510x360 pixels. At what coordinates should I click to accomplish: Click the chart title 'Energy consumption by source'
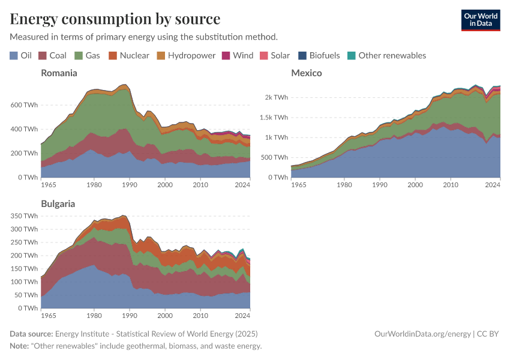pos(115,19)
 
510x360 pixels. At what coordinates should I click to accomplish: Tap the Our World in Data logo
pos(480,20)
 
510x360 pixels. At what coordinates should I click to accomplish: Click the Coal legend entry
pos(52,56)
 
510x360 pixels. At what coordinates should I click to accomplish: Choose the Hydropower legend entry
pos(186,56)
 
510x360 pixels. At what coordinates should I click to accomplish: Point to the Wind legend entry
pos(238,56)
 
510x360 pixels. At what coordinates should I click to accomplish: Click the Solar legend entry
pos(275,56)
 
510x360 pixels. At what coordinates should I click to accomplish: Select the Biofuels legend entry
pos(319,56)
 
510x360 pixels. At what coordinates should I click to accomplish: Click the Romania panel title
pos(59,73)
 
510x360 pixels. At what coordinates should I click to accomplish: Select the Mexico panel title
pos(307,73)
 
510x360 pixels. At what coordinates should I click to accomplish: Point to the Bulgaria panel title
pos(58,204)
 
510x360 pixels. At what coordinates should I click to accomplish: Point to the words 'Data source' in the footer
pos(31,334)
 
